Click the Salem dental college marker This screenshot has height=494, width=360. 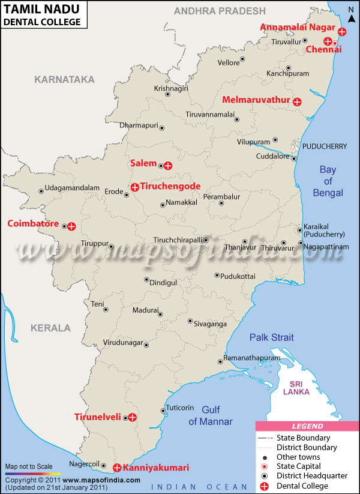coord(168,165)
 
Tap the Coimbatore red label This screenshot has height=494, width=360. coord(33,224)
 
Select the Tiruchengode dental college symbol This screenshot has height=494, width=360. coord(135,187)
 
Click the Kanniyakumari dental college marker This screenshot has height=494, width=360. coord(117,468)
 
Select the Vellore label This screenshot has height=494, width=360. coord(228,62)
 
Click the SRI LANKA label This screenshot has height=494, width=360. coord(298,387)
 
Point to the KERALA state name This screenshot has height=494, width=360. coord(50,328)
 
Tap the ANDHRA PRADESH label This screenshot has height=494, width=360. coord(219,11)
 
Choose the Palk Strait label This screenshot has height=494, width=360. coord(271,337)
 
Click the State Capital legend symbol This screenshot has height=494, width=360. coord(265,466)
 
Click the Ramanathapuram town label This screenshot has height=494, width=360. coord(252,358)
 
